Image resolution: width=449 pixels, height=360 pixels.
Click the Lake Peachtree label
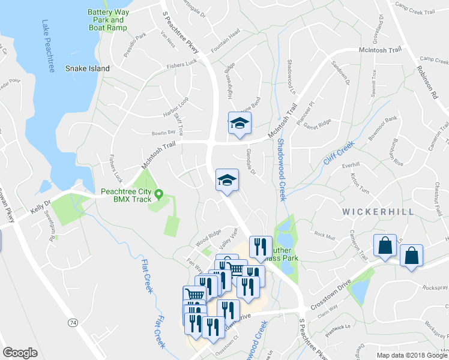[48, 47]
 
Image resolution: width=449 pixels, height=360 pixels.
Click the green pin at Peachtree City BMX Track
[159, 193]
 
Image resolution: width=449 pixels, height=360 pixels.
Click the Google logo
[20, 352]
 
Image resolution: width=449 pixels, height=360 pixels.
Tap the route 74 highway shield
[73, 323]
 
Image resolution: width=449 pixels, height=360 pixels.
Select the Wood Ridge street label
[208, 239]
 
